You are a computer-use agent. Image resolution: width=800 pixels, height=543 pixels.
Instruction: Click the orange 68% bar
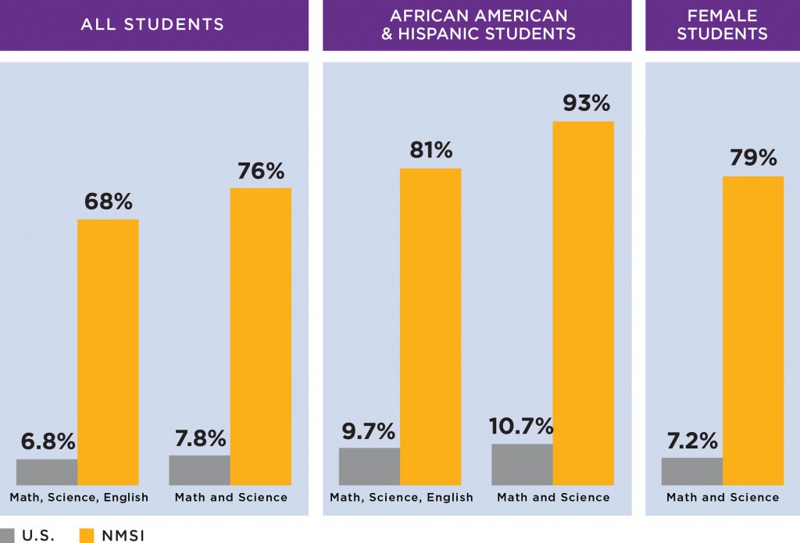[x=108, y=352]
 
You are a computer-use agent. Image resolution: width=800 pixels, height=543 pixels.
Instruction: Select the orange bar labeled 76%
[x=261, y=336]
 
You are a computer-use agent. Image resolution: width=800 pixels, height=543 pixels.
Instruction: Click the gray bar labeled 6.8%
[x=47, y=472]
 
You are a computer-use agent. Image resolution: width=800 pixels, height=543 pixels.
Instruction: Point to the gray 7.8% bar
[x=200, y=470]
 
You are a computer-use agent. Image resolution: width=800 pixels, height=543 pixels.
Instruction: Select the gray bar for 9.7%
[x=370, y=466]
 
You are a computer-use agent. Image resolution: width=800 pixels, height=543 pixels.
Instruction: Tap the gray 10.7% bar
[x=522, y=464]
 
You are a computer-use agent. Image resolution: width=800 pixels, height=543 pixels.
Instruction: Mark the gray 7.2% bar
[x=692, y=471]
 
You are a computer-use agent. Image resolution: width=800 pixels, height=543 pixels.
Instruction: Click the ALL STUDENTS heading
[x=152, y=24]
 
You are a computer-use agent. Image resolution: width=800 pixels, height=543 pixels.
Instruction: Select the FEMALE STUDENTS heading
[x=722, y=24]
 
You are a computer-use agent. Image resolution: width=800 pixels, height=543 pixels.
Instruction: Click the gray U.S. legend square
[x=9, y=535]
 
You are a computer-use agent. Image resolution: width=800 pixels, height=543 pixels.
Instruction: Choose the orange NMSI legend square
[x=87, y=535]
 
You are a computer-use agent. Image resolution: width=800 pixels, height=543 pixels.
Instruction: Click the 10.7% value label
[x=523, y=427]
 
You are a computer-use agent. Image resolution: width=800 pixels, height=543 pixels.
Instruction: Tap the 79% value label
[x=752, y=158]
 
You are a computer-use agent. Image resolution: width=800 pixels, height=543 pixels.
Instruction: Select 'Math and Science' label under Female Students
[x=723, y=497]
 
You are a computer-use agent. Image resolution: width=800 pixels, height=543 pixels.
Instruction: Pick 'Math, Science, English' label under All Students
[x=79, y=497]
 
